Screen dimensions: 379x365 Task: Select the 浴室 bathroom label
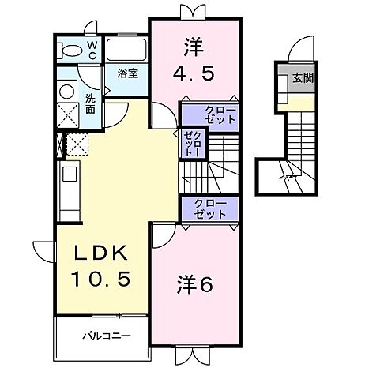(x=128, y=73)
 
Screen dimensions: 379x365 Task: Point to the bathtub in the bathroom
(x=127, y=51)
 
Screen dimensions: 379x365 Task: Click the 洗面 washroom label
(x=90, y=104)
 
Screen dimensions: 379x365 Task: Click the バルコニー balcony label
(x=104, y=335)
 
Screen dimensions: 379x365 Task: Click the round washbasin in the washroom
(x=66, y=89)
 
